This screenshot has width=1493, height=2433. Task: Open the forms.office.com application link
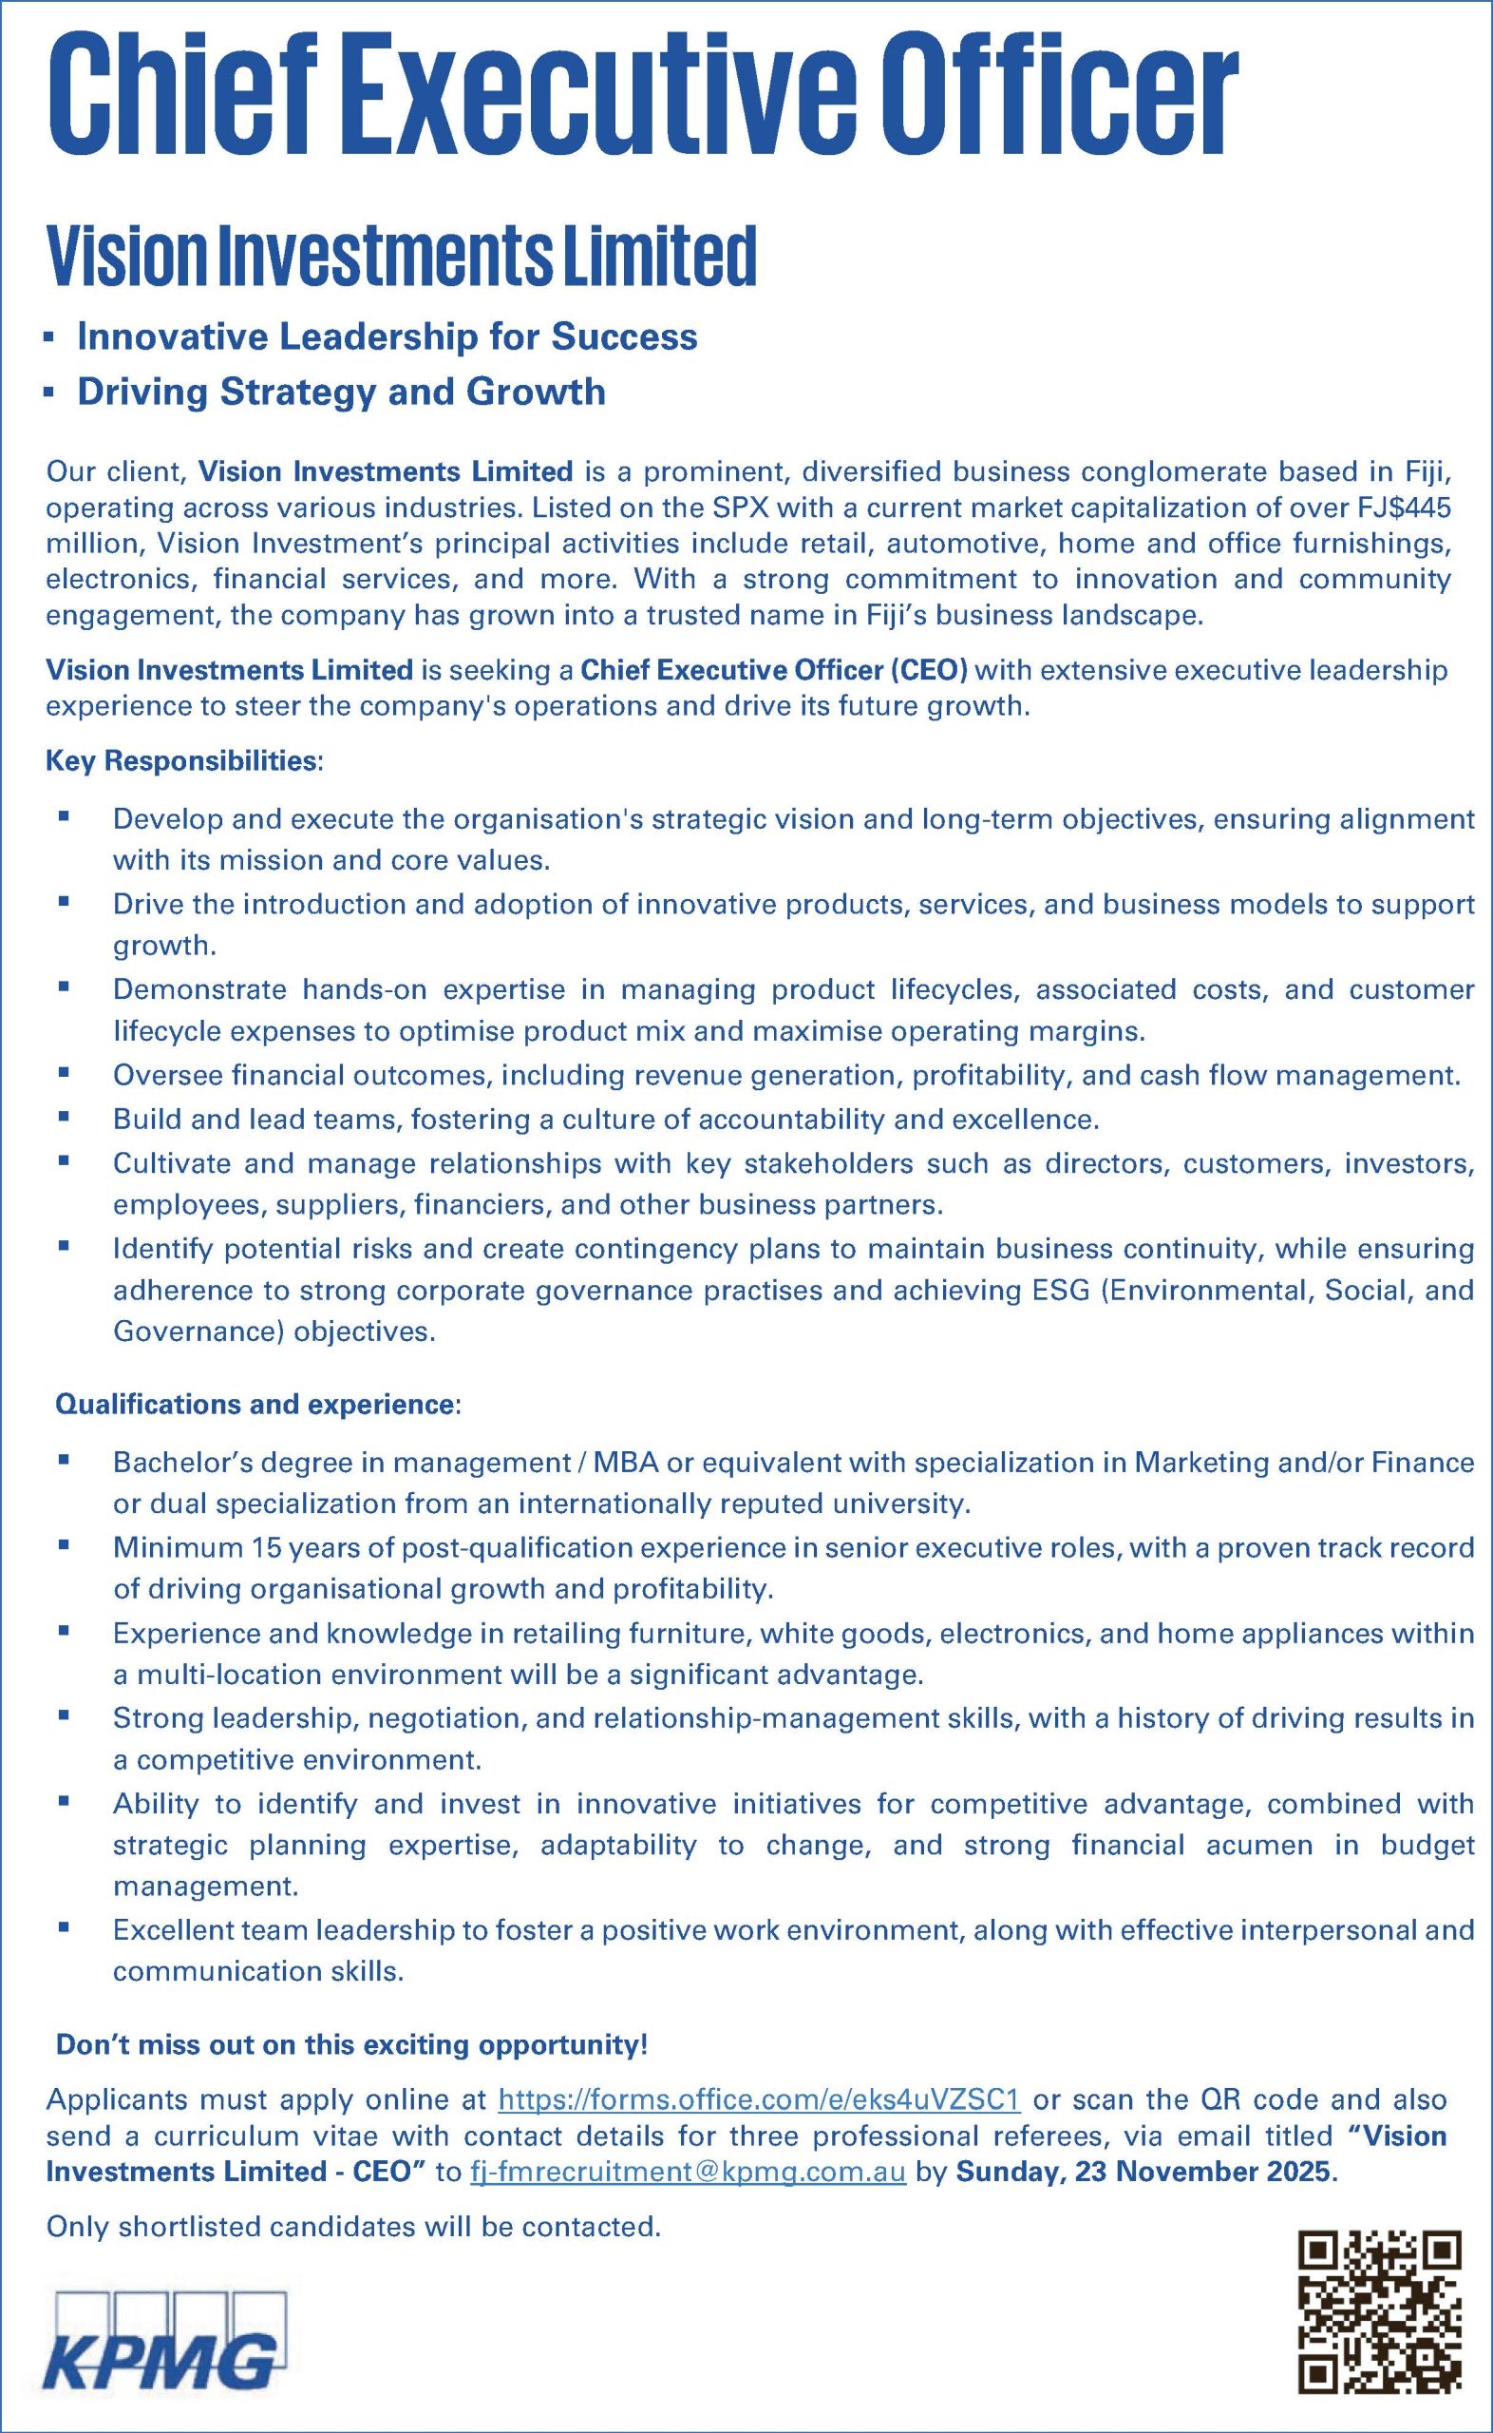click(x=760, y=2099)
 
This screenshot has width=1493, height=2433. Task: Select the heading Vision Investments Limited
click(x=401, y=256)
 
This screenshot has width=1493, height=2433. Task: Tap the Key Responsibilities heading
click(x=183, y=761)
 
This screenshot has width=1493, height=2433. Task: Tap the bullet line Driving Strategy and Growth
click(x=341, y=393)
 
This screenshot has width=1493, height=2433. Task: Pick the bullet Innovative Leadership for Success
click(x=387, y=336)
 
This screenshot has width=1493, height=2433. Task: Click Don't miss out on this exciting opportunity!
click(x=351, y=2043)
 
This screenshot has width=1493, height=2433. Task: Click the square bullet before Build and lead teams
click(x=65, y=1118)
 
